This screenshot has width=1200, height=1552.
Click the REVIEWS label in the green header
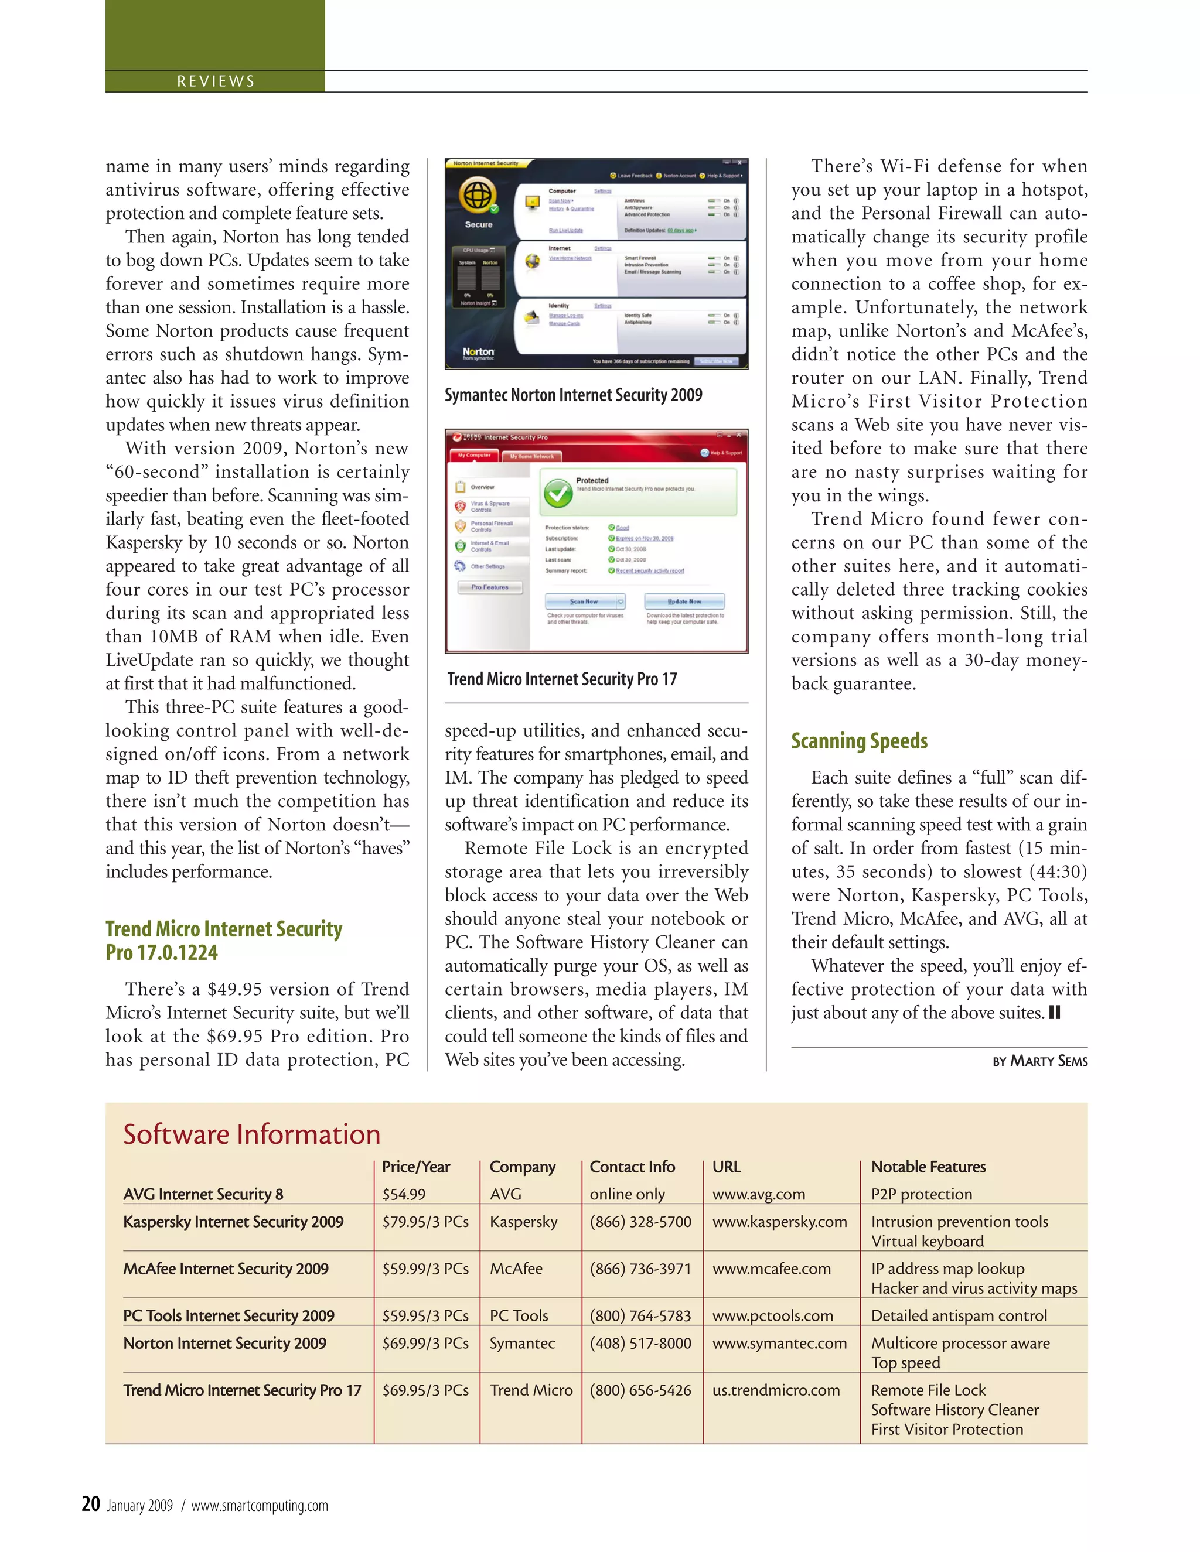216,81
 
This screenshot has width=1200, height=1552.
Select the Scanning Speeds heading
859,741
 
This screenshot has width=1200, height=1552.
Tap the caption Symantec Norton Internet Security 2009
573,395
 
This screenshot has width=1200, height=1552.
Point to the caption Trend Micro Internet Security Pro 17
561,679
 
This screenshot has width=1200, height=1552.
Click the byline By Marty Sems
1039,1061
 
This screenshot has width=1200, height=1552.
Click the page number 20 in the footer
91,1505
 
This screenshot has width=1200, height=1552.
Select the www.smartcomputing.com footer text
260,1506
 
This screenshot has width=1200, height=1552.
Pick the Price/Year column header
416,1167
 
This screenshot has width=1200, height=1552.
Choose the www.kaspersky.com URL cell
779,1222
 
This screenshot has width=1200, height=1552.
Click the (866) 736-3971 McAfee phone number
640,1269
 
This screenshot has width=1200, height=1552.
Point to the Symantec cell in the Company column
522,1343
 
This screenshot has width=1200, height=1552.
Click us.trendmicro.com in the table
776,1390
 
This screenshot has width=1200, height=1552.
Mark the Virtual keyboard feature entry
927,1242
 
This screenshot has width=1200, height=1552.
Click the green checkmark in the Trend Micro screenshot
558,493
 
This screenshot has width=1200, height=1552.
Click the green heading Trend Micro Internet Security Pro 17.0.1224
223,940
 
